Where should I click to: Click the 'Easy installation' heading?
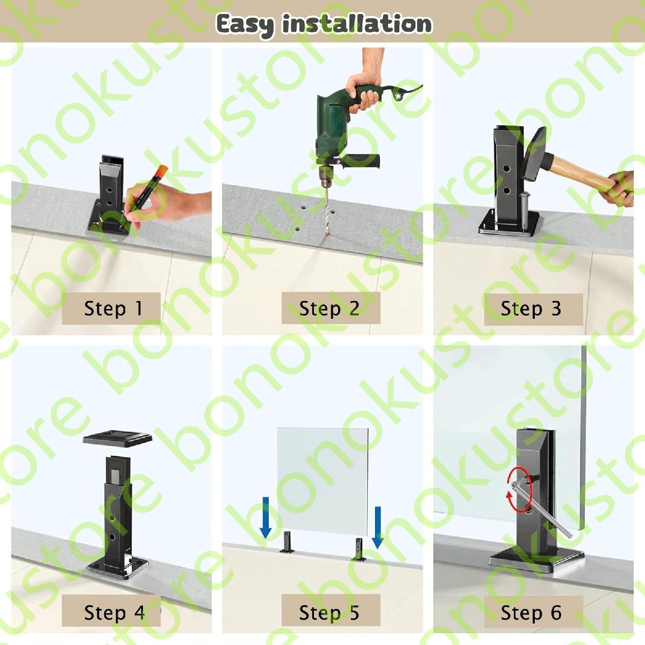[x=324, y=24]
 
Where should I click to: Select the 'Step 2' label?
[x=329, y=309]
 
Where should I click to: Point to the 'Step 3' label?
[x=531, y=309]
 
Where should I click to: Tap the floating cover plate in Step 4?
[x=118, y=438]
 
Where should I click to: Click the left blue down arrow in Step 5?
[x=266, y=519]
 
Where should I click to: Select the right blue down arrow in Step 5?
[x=377, y=528]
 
